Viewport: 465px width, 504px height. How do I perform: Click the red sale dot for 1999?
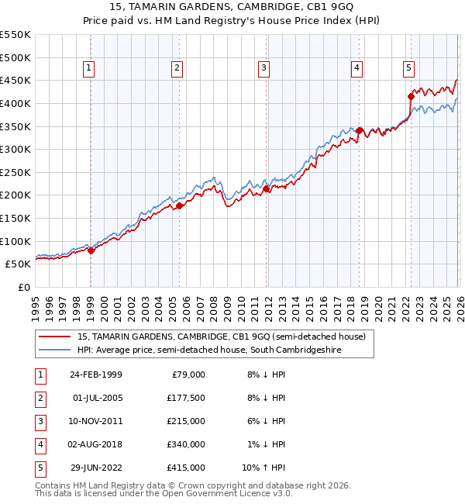point(91,250)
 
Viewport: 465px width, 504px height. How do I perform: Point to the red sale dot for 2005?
point(179,205)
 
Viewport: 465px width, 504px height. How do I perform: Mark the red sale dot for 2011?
point(266,188)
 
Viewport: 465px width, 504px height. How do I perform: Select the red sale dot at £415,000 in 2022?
point(411,97)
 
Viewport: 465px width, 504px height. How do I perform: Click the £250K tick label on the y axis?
point(15,172)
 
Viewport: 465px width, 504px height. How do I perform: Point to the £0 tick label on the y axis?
point(23,287)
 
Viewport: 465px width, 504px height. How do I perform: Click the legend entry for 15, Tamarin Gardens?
point(226,337)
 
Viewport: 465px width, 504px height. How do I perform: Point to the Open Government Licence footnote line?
point(153,493)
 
